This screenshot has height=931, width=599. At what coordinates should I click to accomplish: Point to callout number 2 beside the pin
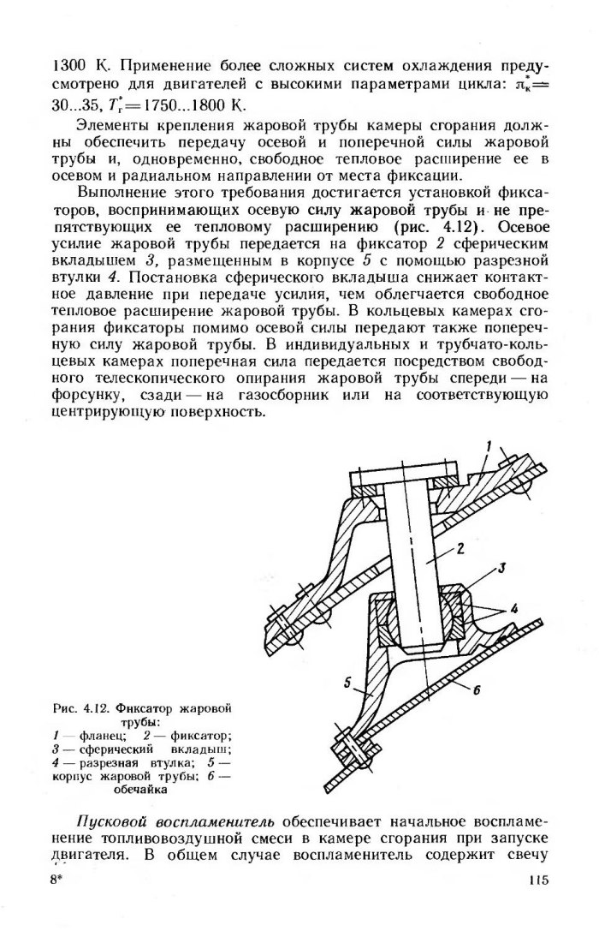click(460, 549)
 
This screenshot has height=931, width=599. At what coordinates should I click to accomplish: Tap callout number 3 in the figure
click(504, 569)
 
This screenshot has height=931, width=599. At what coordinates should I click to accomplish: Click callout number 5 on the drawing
click(348, 683)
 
